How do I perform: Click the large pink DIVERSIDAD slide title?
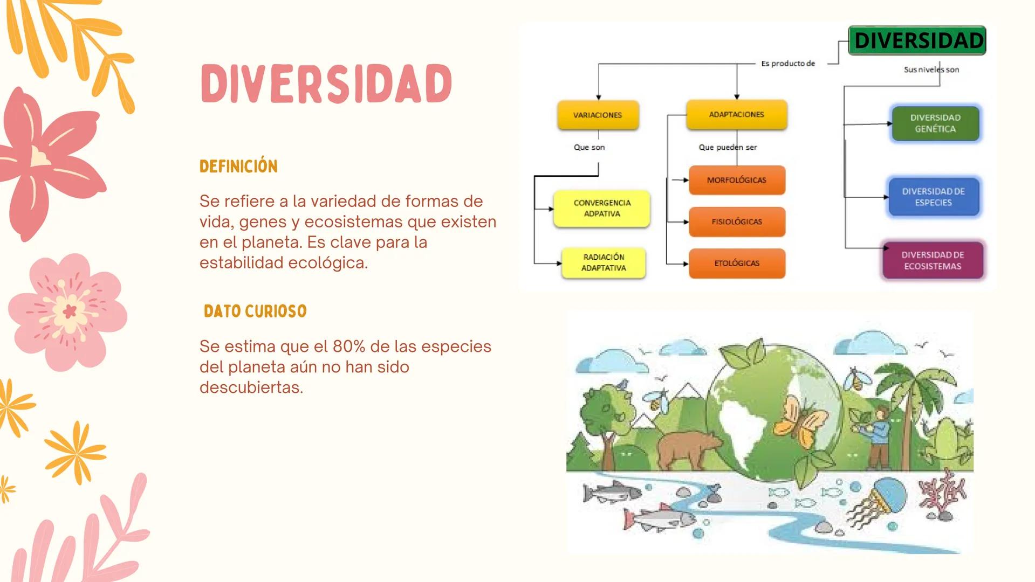[326, 84]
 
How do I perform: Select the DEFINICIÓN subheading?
[238, 166]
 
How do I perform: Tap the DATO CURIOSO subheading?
[255, 311]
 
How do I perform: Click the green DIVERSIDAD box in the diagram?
[917, 40]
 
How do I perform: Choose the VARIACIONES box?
[598, 115]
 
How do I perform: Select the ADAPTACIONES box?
[736, 114]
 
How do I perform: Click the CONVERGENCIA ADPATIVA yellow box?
[601, 208]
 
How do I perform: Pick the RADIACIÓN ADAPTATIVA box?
[604, 262]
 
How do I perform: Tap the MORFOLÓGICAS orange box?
[737, 180]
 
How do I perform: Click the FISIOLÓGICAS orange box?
[737, 221]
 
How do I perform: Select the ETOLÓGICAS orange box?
[737, 263]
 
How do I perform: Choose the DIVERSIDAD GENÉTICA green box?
[935, 123]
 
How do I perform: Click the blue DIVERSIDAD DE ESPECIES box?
[934, 197]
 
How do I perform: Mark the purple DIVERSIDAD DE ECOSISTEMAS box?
[933, 260]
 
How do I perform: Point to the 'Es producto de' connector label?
[787, 64]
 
